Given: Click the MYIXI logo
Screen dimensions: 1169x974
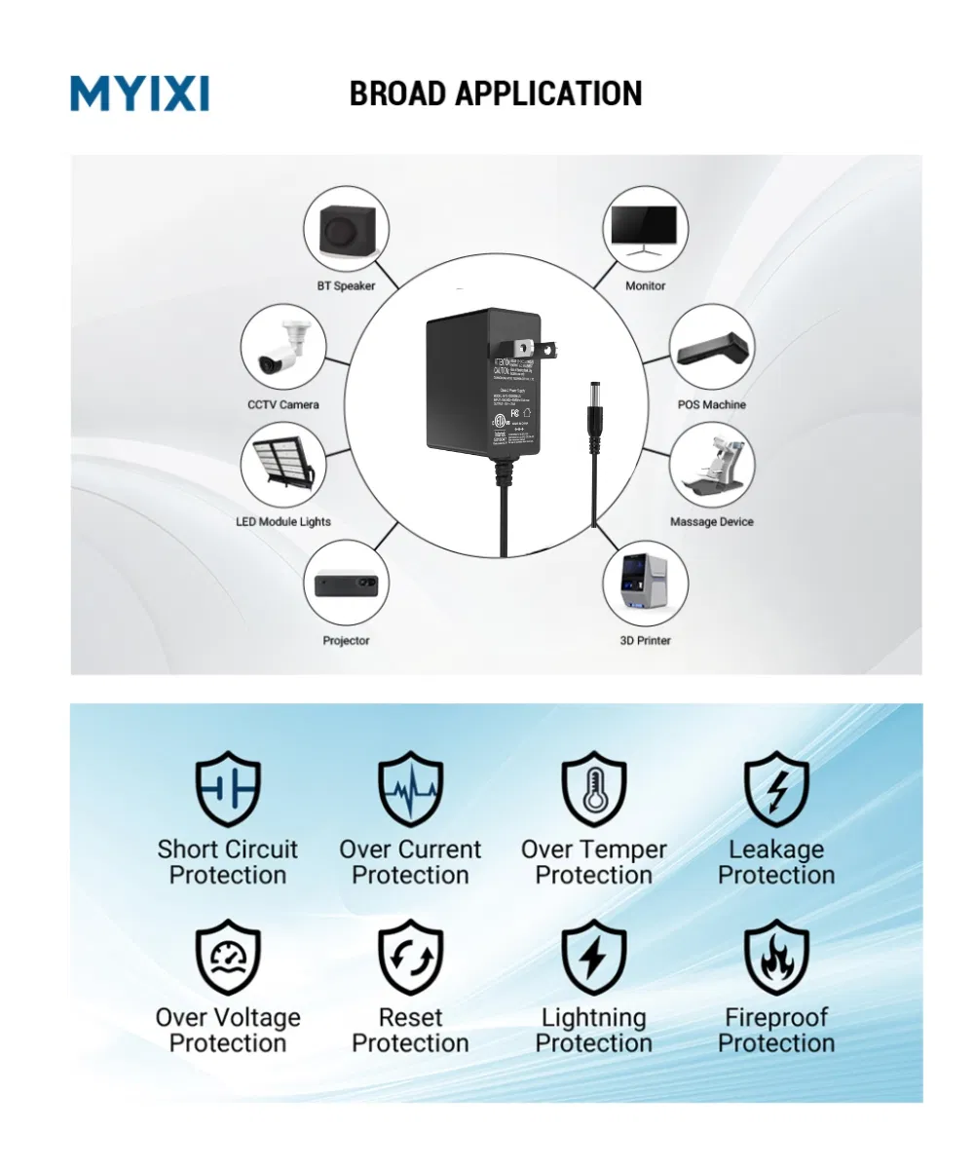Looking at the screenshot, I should click(139, 94).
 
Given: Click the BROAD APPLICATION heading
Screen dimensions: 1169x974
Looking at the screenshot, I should click(495, 94).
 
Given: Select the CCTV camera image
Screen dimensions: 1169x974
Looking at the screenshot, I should click(282, 350).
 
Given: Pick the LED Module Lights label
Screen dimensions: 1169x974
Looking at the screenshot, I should click(283, 522).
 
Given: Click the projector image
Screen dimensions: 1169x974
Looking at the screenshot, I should click(347, 585).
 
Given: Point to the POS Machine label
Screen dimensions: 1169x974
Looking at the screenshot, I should click(712, 404).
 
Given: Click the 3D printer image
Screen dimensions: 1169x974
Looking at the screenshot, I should click(645, 585).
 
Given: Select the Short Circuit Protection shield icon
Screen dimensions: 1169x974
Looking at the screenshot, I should click(228, 789).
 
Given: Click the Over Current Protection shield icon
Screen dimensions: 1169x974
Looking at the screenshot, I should click(410, 789).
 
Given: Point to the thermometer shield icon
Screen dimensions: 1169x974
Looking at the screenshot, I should click(593, 789).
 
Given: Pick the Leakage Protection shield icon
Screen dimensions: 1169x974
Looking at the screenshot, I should click(776, 789).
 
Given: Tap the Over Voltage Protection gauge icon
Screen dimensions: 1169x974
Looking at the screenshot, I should click(228, 957).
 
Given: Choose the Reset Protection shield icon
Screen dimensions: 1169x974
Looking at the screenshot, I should click(410, 957).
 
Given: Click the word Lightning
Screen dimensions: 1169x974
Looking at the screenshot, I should click(593, 1018).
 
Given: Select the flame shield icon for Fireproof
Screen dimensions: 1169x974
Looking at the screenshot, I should click(776, 957).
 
